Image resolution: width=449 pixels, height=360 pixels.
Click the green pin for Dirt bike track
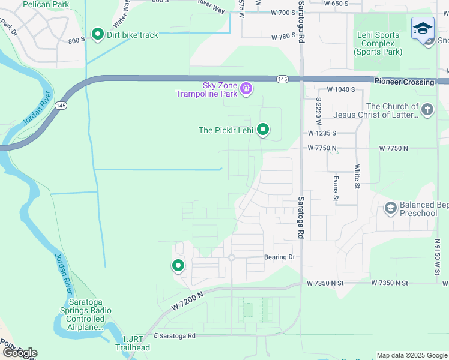[97, 34]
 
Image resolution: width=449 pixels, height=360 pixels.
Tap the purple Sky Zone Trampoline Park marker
[246, 89]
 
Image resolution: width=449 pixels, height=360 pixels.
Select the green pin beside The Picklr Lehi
[262, 129]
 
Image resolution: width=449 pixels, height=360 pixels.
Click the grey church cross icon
[427, 110]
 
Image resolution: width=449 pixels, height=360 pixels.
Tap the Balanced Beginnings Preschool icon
[391, 208]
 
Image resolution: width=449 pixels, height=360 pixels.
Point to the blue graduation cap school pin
[423, 29]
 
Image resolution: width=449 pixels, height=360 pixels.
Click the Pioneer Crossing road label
[404, 82]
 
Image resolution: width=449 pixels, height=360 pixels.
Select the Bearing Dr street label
[280, 257]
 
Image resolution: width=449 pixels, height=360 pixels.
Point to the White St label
[357, 177]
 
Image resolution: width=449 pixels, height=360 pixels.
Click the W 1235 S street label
[322, 133]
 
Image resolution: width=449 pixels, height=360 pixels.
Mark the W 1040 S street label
[339, 89]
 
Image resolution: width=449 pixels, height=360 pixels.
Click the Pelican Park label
[46, 4]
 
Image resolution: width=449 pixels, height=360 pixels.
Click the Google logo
[20, 353]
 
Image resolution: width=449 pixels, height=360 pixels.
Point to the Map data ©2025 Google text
[412, 355]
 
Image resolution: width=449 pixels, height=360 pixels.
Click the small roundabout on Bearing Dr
[231, 257]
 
